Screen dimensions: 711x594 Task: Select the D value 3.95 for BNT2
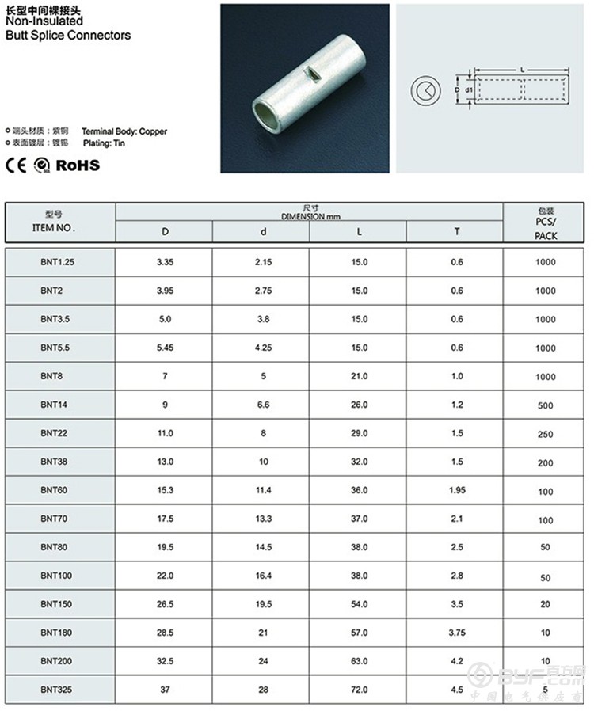point(165,291)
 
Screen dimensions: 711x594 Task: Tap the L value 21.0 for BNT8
point(359,377)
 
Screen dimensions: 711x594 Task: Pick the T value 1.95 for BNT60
point(456,491)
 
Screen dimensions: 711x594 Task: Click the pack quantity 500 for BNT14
point(545,405)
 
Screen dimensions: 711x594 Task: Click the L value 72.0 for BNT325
point(359,690)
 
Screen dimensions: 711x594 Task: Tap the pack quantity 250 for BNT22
point(545,435)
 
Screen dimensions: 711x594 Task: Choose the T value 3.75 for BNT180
point(456,633)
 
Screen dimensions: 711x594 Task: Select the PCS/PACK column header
point(545,230)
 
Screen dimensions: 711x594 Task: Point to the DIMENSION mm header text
point(310,215)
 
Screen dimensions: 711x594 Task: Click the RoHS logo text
point(78,165)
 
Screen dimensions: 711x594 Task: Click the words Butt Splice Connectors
point(68,36)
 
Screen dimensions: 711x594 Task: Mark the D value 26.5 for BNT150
point(165,604)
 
